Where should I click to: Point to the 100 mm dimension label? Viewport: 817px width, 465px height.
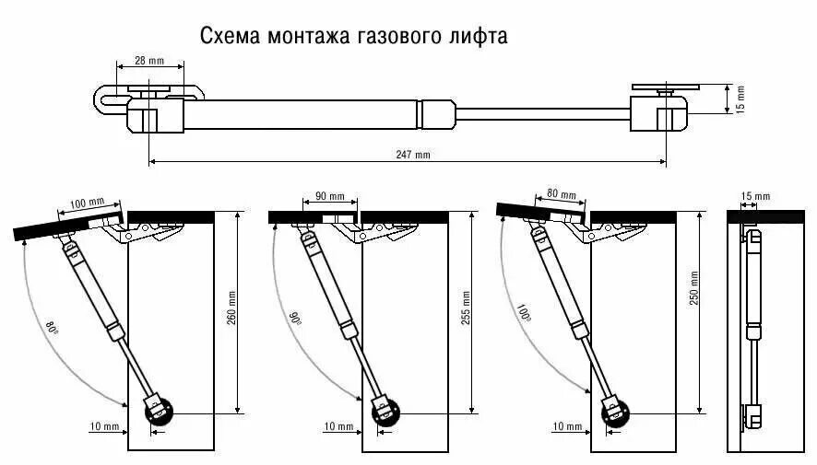coord(87,203)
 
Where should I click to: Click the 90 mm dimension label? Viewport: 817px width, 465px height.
coord(329,197)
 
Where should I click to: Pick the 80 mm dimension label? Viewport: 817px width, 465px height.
coord(560,194)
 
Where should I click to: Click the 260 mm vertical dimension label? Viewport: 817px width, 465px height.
coord(232,308)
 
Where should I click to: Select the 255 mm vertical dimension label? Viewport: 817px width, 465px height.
coord(466,308)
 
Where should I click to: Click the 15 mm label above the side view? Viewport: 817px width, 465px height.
coord(754,197)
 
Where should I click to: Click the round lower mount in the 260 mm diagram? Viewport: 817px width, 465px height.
coord(159,411)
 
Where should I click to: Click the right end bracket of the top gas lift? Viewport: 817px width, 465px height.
coord(660,109)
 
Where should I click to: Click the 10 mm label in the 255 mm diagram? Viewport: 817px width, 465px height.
coord(338,427)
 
